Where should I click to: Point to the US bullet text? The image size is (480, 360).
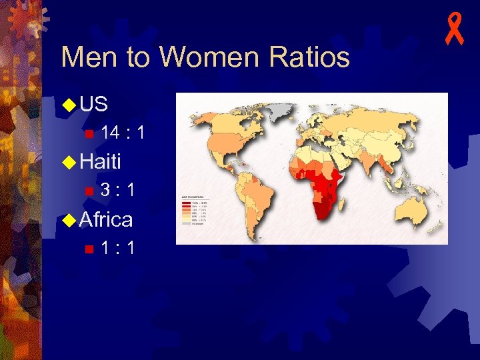(93, 104)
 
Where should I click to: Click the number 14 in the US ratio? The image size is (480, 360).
(111, 133)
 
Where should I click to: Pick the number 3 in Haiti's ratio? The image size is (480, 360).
(105, 190)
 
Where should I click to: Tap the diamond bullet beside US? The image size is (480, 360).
(68, 105)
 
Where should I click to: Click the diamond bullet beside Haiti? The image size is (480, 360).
(68, 161)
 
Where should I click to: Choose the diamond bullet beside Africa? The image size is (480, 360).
(68, 219)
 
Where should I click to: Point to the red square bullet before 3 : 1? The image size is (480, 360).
(89, 191)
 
